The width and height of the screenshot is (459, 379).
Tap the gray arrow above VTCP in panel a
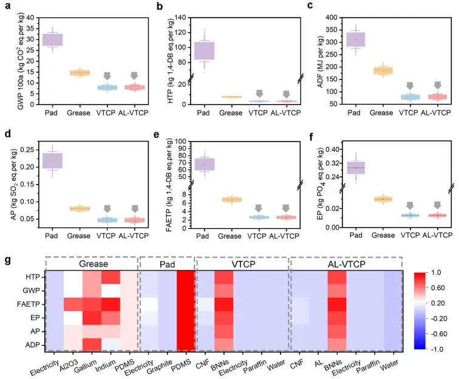[x=107, y=76]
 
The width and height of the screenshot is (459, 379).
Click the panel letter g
[x=7, y=259]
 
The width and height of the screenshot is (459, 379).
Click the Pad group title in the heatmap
[x=166, y=264]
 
